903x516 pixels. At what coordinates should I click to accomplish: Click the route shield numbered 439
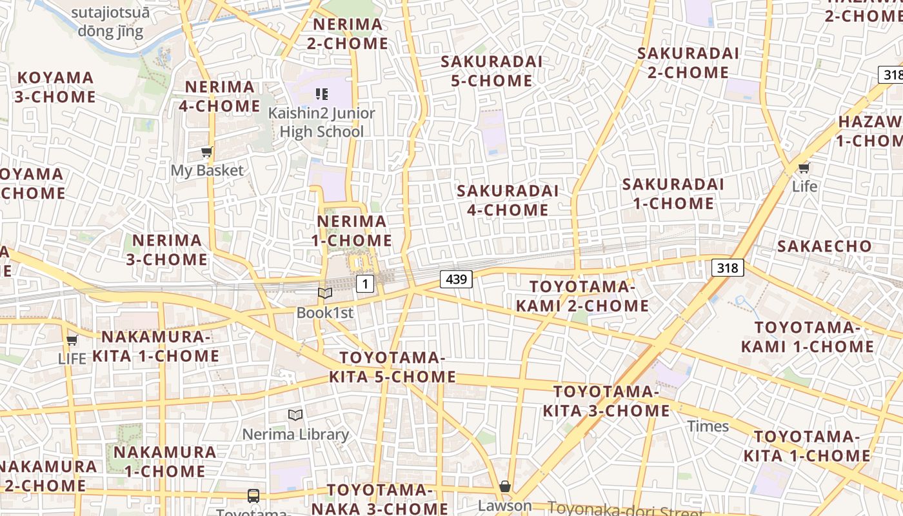(x=457, y=279)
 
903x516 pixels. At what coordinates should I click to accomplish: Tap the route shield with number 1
(x=365, y=283)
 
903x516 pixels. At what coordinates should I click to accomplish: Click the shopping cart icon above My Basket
(x=206, y=152)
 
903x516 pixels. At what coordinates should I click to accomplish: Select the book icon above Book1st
(x=325, y=293)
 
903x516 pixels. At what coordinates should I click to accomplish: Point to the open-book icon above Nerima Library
(x=295, y=415)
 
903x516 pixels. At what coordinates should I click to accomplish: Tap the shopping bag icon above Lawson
(x=505, y=486)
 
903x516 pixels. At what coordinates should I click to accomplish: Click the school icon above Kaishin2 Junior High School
(x=322, y=94)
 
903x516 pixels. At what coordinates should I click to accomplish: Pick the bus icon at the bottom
(x=253, y=495)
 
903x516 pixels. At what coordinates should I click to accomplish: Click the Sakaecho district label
(x=824, y=246)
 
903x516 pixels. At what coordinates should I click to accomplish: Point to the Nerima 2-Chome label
(x=348, y=34)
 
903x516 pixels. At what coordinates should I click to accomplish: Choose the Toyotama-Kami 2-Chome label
(x=582, y=296)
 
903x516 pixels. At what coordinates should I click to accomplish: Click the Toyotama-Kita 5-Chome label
(x=393, y=367)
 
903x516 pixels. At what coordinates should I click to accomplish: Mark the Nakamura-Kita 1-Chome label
(x=156, y=346)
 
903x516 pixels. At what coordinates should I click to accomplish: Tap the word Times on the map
(x=708, y=426)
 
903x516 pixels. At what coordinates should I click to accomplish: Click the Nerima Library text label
(x=295, y=434)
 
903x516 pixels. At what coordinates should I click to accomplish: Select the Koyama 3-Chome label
(x=55, y=87)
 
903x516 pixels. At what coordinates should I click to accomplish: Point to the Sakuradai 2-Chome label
(x=688, y=63)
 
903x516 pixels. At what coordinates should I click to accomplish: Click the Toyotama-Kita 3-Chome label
(x=606, y=401)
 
